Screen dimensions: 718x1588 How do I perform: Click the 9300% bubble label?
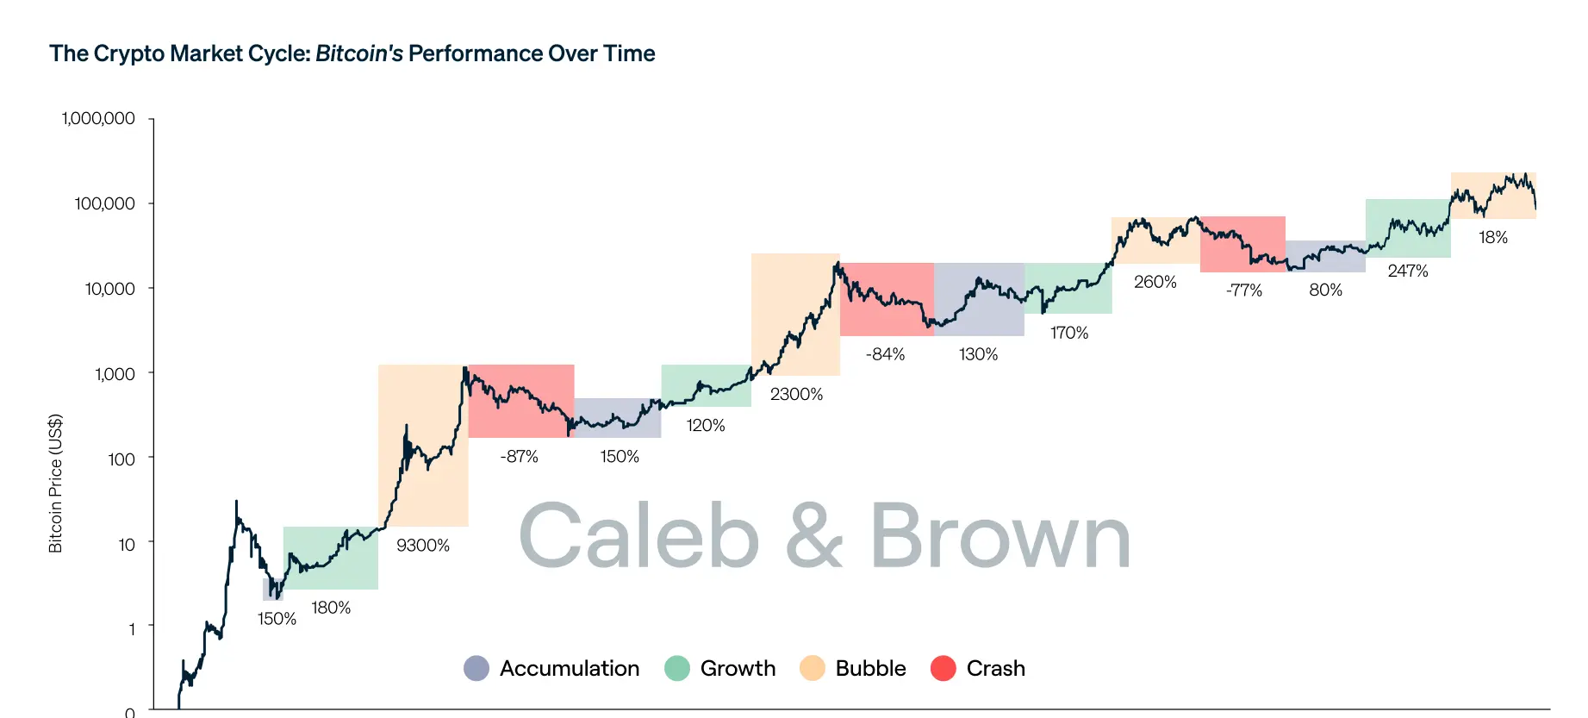(422, 546)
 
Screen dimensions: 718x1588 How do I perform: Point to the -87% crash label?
(519, 457)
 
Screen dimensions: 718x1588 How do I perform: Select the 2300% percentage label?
(796, 395)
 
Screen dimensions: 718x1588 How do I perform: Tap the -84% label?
(885, 354)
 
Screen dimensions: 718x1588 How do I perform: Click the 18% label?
(1493, 238)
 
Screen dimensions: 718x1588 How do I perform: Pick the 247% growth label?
(1408, 272)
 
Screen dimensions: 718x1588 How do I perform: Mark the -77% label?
(1243, 290)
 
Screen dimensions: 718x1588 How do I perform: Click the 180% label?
(331, 609)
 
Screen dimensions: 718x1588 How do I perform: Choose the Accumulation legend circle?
(476, 668)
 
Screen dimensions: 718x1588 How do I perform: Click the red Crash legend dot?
(943, 668)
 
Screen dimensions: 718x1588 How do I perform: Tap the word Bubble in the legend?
(870, 668)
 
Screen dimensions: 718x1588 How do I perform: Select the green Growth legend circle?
(677, 668)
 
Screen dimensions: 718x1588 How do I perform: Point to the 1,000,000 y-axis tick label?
(98, 119)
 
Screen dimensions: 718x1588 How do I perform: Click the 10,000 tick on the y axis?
(109, 289)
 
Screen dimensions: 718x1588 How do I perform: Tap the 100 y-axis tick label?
(121, 459)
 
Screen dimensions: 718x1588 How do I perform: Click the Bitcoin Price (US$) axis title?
(55, 484)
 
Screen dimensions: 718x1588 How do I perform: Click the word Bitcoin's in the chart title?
(358, 53)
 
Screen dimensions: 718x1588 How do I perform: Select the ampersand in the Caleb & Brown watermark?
(813, 536)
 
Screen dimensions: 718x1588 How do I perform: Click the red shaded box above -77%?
(1242, 244)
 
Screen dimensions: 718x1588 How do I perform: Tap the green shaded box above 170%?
(1068, 289)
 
